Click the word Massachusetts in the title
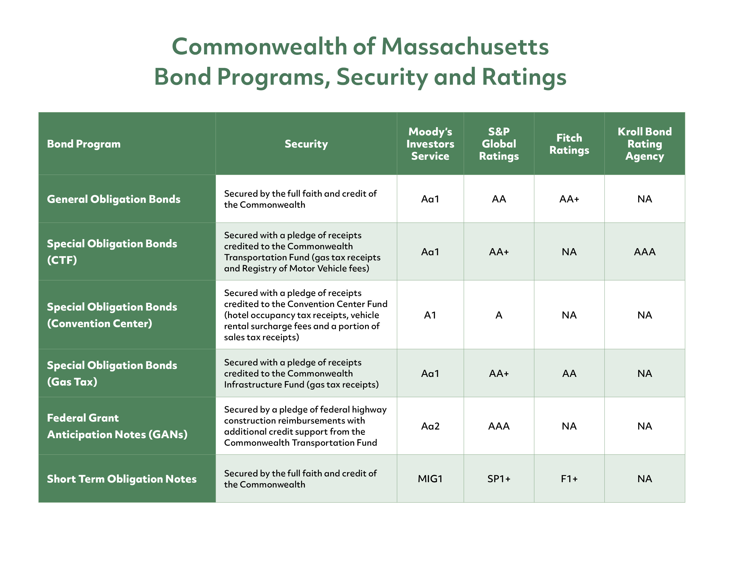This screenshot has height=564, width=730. [x=465, y=47]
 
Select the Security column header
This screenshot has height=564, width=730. [x=306, y=144]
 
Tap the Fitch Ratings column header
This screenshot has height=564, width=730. [x=569, y=144]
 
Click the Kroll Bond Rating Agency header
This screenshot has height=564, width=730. [x=644, y=144]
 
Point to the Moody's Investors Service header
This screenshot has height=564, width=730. [x=430, y=144]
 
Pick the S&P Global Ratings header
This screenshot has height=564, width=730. [x=499, y=144]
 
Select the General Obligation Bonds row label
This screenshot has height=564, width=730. [x=114, y=199]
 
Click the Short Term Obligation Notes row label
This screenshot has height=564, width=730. [x=122, y=479]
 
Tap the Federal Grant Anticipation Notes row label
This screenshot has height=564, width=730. [x=117, y=426]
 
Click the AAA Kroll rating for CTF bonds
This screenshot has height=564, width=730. [x=644, y=252]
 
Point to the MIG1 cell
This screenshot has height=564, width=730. [x=430, y=479]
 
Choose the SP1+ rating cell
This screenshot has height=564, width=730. [x=499, y=479]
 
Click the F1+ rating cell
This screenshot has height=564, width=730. [x=569, y=479]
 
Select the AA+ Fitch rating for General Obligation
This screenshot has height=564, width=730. [x=569, y=199]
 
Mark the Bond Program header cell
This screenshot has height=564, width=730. [x=84, y=144]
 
